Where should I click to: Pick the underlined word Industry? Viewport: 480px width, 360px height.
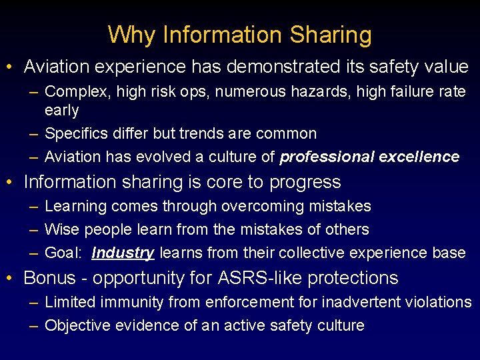tap(123, 253)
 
